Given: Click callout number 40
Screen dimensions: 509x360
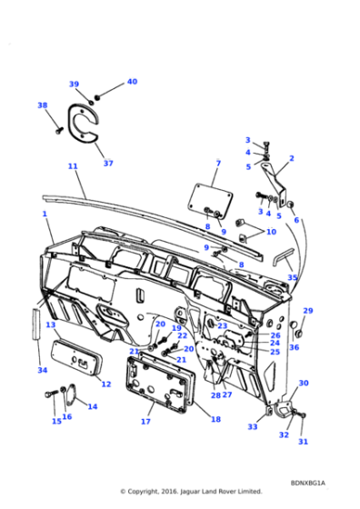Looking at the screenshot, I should click(132, 82).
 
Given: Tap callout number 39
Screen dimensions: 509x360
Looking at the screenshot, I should click(74, 85).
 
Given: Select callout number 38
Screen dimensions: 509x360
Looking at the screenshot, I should click(42, 105).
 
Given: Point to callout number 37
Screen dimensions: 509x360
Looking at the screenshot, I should click(108, 164).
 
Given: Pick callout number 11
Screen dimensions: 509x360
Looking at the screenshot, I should click(73, 166).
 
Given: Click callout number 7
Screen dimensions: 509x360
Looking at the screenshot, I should click(217, 164).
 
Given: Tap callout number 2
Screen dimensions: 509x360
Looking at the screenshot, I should click(291, 158).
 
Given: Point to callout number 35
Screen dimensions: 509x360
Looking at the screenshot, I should click(292, 278).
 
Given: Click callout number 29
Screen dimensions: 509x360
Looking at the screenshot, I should click(307, 311).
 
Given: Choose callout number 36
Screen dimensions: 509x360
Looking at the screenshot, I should click(295, 347).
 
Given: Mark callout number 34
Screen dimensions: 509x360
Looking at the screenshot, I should click(42, 370).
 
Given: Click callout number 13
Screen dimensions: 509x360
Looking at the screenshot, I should click(51, 325).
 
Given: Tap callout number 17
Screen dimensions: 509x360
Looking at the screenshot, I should click(145, 422).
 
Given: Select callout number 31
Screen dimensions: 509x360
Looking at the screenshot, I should click(304, 442).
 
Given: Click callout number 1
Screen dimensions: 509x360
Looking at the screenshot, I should click(44, 214).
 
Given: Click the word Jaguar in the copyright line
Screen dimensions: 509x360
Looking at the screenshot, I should click(198, 492).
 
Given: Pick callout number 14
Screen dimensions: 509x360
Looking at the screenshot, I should click(92, 406).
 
